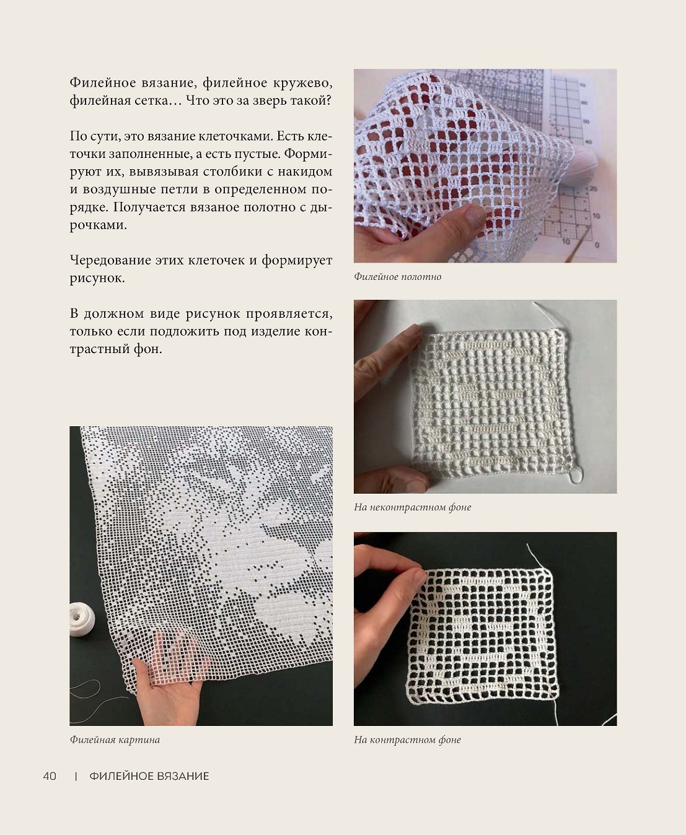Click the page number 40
(50, 776)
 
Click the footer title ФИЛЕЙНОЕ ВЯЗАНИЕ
(149, 776)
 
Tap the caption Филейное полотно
(397, 277)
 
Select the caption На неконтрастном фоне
(412, 507)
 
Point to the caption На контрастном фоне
(407, 740)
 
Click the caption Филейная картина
(115, 740)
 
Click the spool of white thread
(82, 619)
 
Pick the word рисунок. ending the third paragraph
(97, 278)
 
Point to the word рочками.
(99, 225)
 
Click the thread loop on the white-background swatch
(577, 476)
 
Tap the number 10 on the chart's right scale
(596, 216)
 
